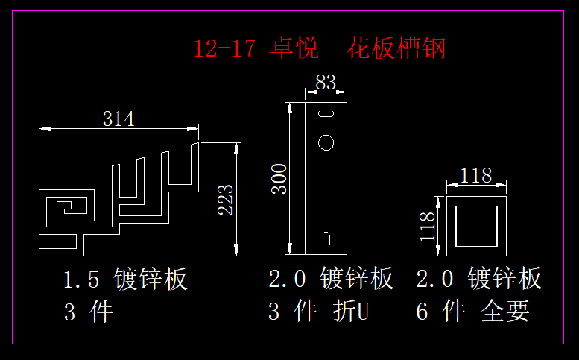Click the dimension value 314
point(118,118)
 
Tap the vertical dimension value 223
point(226,199)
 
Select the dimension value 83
point(326,83)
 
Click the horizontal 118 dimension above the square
point(476,175)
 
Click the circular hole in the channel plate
point(326,140)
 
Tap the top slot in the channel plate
point(326,113)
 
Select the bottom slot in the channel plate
point(326,239)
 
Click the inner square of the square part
point(476,226)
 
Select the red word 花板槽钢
point(396,48)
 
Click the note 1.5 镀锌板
point(125,280)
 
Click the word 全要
point(506,311)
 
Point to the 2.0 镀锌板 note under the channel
point(331,280)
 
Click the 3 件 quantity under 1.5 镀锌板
point(88,311)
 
